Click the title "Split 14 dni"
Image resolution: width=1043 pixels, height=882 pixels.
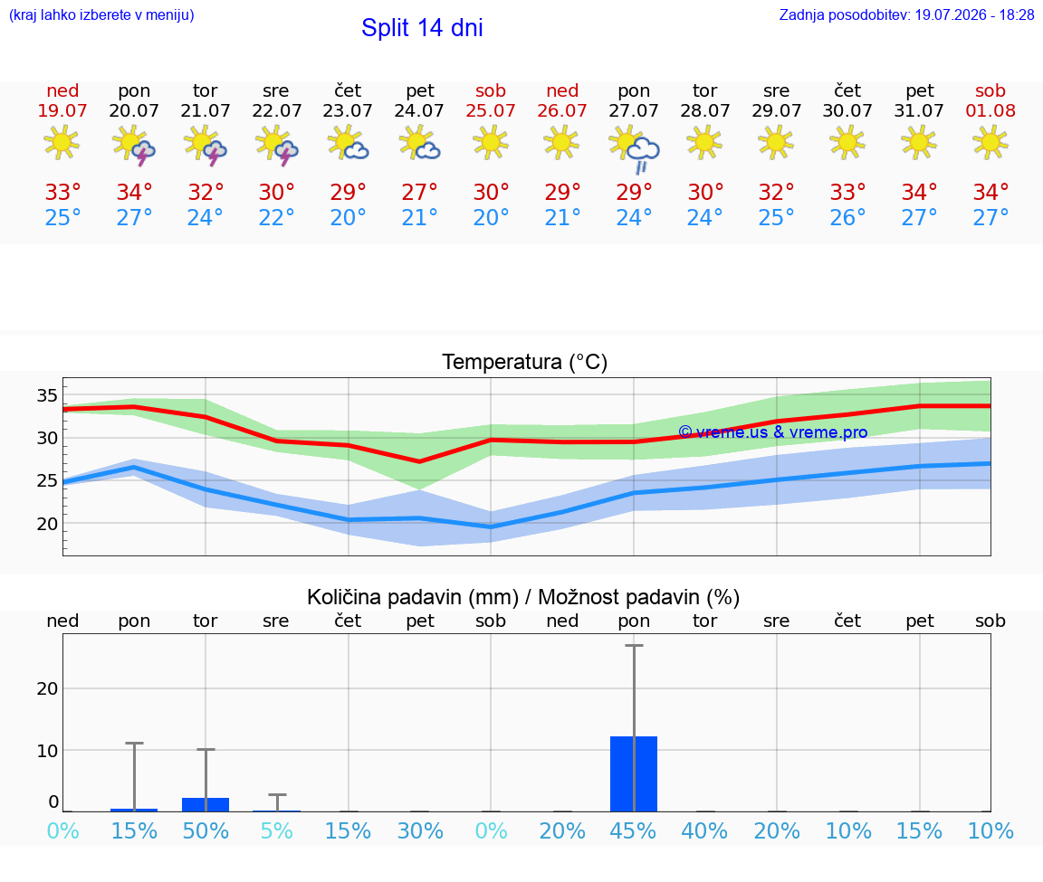tap(422, 28)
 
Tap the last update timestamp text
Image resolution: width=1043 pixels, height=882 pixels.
tap(906, 14)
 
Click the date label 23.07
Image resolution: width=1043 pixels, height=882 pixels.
tap(348, 110)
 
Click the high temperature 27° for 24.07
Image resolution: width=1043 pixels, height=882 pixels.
tap(420, 192)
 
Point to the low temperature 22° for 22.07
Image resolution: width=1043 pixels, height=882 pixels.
tap(277, 217)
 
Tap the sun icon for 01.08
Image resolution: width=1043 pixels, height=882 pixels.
tap(990, 142)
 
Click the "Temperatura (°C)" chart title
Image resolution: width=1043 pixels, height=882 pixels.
tap(525, 362)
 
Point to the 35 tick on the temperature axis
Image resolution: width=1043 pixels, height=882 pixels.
tap(46, 395)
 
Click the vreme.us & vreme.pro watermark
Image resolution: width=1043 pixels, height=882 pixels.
tap(773, 432)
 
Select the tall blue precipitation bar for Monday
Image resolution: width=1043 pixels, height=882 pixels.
tap(633, 773)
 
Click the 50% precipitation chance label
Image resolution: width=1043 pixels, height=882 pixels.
tap(206, 830)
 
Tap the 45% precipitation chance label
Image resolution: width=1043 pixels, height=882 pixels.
tap(633, 830)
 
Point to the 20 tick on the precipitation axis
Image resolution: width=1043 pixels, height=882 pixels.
tap(47, 688)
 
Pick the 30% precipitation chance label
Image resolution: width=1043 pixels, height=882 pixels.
tap(420, 830)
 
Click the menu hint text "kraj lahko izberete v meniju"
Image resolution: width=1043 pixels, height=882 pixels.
tap(101, 14)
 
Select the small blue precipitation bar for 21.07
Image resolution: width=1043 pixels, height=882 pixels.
tap(206, 804)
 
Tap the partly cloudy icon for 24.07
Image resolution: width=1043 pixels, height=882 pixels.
tap(419, 144)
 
